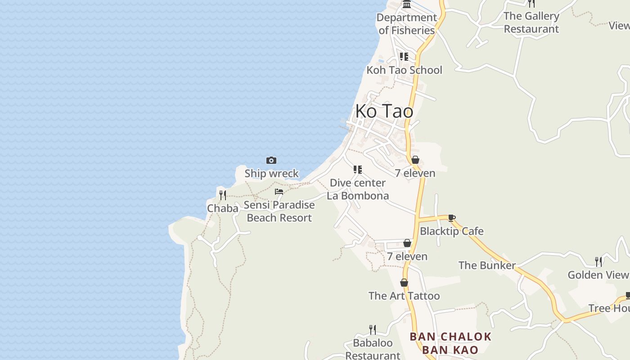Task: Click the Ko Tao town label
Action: coord(384,111)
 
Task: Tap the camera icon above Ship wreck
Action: coord(271,161)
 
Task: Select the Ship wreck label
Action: coord(271,173)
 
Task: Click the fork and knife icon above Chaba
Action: coord(223,195)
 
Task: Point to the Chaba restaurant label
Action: coord(223,208)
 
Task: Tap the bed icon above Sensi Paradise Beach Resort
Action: coord(279,192)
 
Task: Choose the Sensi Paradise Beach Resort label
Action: coord(279,211)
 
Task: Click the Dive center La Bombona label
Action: coord(358,189)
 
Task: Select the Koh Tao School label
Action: coord(404,70)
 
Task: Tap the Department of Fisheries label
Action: coord(407,24)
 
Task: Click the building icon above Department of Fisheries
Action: coord(407,4)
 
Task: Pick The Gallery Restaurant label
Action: coord(531,22)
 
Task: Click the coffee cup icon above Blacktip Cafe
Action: coord(452,218)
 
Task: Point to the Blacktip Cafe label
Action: coord(452,231)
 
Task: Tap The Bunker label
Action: coord(487,265)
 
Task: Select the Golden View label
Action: coord(598,275)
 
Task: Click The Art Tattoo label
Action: coord(404,296)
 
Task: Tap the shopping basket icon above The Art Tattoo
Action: coord(404,283)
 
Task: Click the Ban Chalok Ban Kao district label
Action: coord(450,343)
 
